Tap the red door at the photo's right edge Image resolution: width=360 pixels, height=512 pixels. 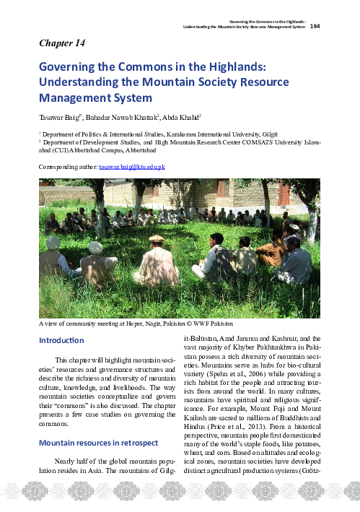pos(284,194)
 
